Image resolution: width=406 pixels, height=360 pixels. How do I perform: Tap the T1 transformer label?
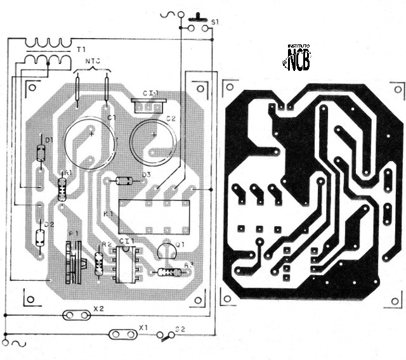pos(81,48)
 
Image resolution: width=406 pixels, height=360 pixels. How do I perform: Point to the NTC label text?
pos(93,61)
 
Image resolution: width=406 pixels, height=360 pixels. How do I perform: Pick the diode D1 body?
pos(41,152)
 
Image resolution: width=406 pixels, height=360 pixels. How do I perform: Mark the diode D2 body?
pos(40,237)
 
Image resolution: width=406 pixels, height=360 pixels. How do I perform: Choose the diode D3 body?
pos(124,181)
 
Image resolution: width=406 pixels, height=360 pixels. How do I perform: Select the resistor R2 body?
pos(98,263)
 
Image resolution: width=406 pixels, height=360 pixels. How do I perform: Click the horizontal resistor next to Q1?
pos(169,273)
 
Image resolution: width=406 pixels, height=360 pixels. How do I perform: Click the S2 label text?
pos(181,329)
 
